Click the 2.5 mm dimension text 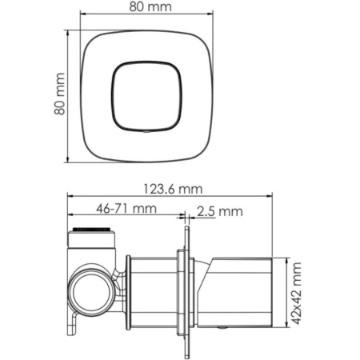219,211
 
